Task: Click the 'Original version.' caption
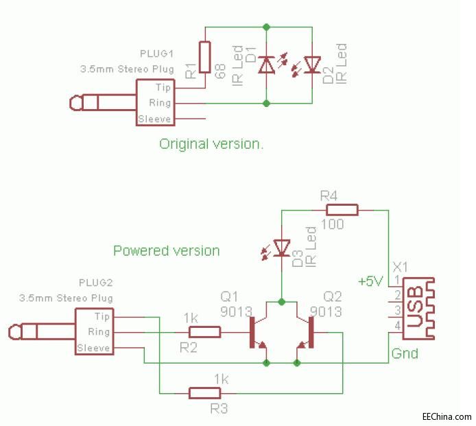point(211,144)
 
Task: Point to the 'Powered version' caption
point(167,250)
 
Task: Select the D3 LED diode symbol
point(281,247)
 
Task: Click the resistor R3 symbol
point(204,393)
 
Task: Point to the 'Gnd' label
point(405,354)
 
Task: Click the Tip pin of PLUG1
point(163,88)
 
